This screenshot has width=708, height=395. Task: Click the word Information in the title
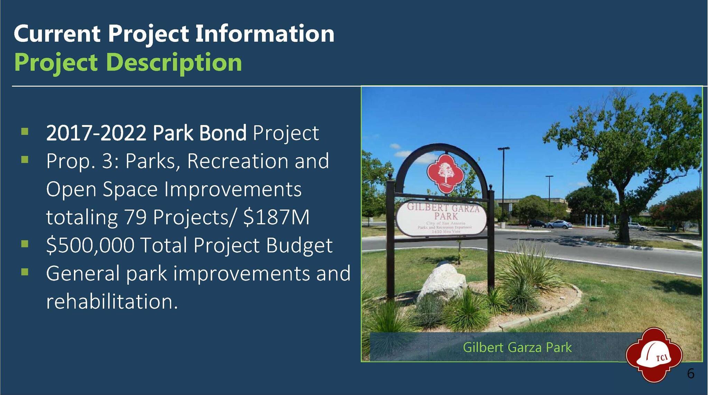[265, 34]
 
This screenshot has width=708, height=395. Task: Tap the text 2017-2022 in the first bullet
[96, 133]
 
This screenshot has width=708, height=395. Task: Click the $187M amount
[276, 217]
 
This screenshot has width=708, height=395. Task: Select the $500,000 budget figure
[90, 245]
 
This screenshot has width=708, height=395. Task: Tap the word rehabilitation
[112, 301]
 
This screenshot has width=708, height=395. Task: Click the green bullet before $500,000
[25, 244]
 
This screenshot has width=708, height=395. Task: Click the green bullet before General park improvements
[25, 272]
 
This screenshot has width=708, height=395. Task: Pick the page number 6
[691, 374]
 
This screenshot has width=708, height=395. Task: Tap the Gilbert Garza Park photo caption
[517, 347]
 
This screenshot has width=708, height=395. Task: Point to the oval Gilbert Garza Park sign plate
[442, 218]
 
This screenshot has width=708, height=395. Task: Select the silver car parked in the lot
[559, 224]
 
